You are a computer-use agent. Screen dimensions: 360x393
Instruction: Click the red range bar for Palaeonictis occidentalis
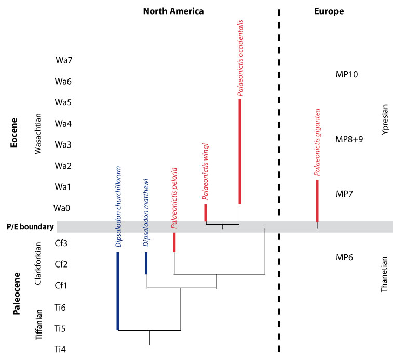[239, 151]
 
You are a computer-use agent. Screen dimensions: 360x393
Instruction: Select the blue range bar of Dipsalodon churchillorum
[118, 291]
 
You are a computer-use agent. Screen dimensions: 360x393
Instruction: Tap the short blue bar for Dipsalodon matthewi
[146, 263]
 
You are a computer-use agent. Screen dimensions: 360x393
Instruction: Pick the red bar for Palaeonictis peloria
[174, 242]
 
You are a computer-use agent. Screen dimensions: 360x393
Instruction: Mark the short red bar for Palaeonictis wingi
[206, 212]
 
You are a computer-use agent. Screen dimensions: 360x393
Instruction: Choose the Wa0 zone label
[62, 208]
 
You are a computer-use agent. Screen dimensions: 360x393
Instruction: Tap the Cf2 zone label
[61, 264]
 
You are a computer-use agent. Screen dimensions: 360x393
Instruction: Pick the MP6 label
[345, 257]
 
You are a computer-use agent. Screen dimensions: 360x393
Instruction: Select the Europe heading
[330, 11]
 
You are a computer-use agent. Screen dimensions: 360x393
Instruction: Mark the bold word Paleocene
[17, 294]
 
